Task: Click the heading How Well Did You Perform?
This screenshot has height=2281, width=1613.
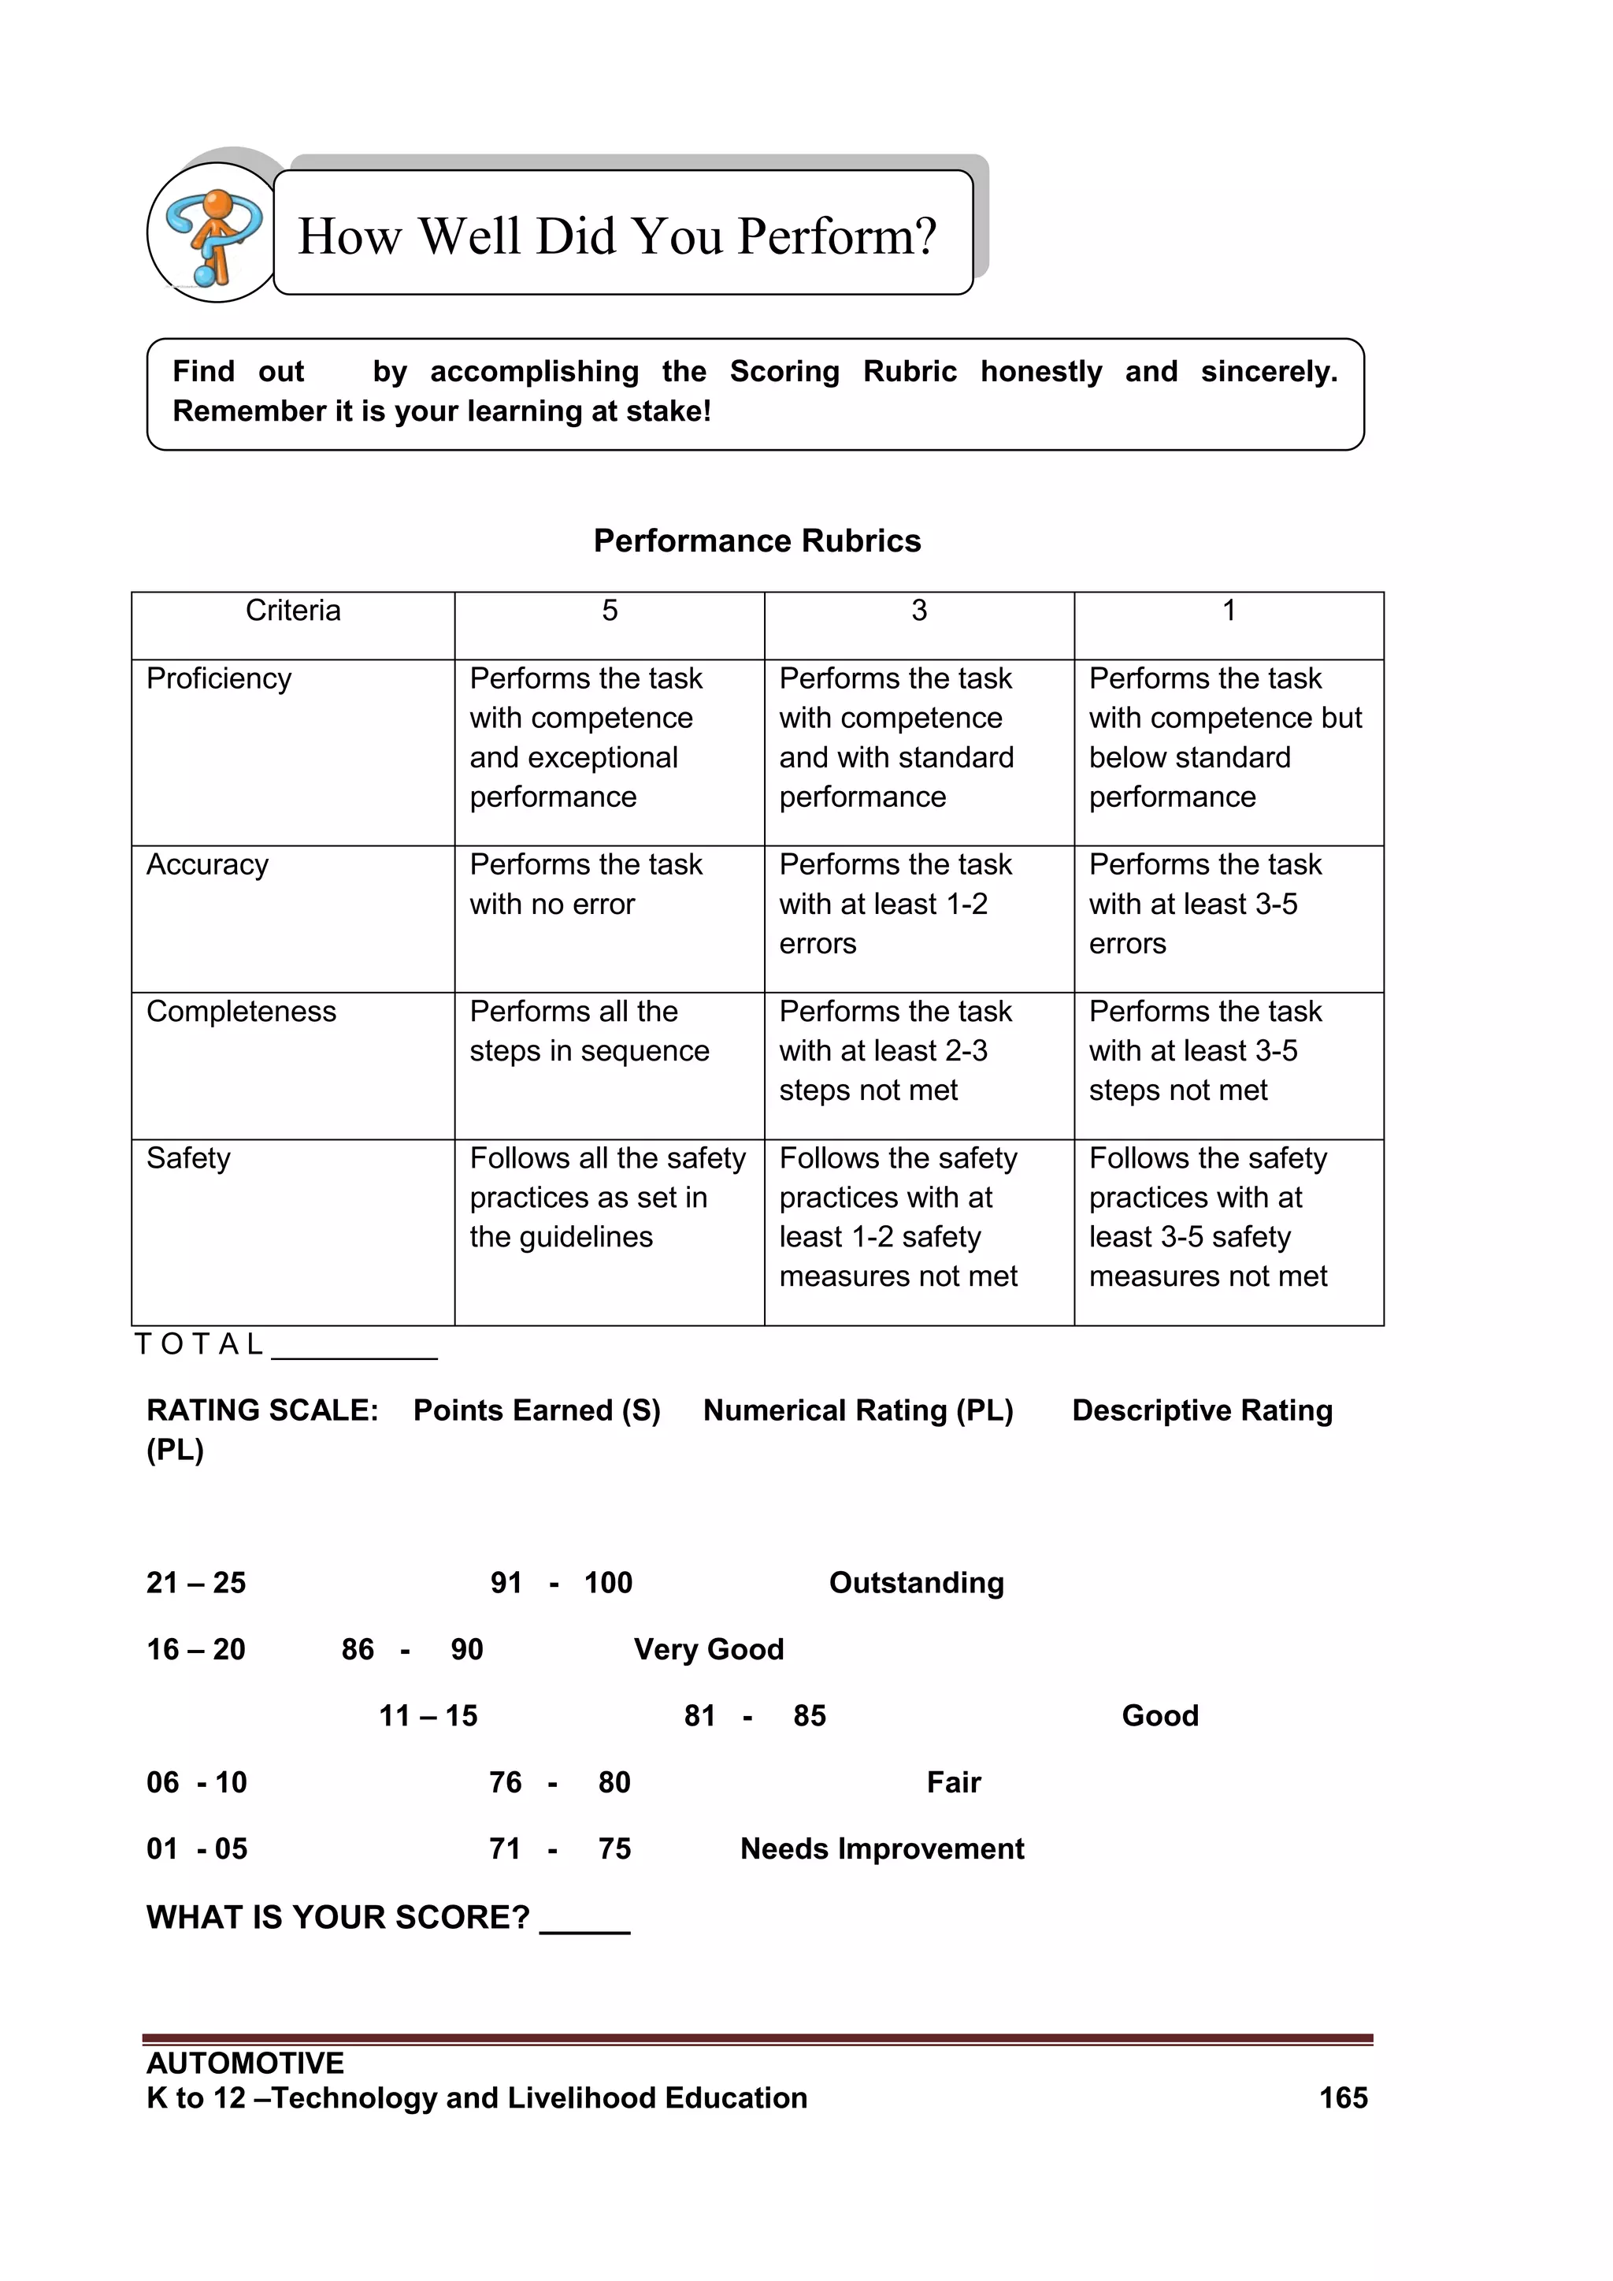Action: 617,236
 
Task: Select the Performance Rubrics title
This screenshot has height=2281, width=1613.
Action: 757,541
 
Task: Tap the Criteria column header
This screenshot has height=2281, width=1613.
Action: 293,610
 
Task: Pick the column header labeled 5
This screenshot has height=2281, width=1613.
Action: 609,610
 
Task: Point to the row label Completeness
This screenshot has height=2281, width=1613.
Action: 240,1012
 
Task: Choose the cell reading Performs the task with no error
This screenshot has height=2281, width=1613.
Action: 585,884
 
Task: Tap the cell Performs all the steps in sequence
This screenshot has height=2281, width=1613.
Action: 589,1031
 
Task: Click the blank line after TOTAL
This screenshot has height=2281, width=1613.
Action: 354,1349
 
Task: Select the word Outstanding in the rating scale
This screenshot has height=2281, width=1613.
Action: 916,1583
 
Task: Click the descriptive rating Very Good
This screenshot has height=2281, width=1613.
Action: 708,1649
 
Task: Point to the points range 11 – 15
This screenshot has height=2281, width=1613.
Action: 428,1716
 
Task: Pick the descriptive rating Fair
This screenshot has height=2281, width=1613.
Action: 954,1782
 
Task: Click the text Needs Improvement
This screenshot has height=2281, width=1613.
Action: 882,1849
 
